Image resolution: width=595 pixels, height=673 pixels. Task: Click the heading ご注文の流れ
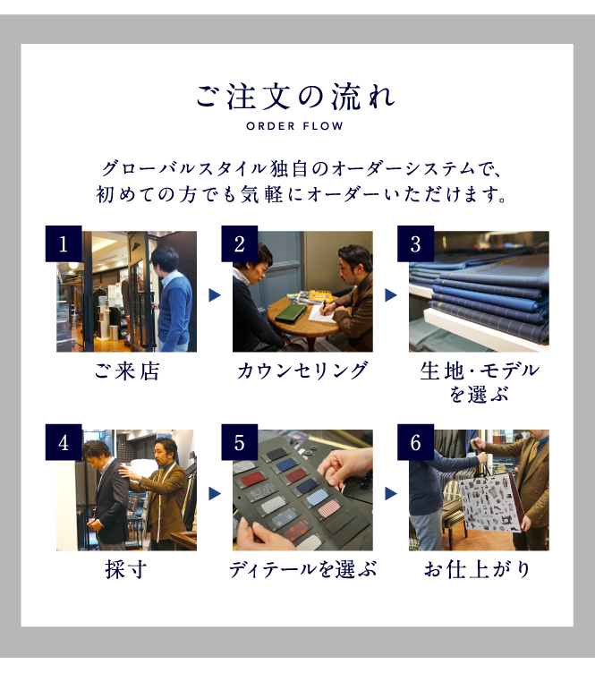tap(295, 97)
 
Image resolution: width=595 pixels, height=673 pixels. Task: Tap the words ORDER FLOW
tap(294, 126)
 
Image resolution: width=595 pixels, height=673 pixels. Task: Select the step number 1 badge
tap(64, 243)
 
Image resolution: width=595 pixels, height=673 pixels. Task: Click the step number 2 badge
tap(240, 243)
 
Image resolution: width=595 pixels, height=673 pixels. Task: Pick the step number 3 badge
tap(415, 243)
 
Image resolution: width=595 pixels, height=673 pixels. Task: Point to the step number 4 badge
tap(64, 442)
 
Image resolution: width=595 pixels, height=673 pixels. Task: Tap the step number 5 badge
tap(240, 442)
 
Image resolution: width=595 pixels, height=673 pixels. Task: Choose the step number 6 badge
tap(415, 442)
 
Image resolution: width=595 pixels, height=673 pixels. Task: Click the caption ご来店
tap(127, 371)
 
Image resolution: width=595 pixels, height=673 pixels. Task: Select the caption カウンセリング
tap(302, 371)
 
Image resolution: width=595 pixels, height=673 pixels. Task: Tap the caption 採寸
tap(126, 570)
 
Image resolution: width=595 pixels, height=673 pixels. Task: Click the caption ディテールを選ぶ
tap(302, 570)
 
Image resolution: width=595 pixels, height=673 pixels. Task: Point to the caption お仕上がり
tap(478, 570)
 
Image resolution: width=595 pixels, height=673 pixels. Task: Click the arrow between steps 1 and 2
tap(215, 295)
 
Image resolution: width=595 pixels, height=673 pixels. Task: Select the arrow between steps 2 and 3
tap(390, 295)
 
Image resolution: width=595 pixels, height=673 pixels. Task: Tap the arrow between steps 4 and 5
tap(215, 494)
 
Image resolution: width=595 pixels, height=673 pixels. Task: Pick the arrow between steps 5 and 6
tap(390, 494)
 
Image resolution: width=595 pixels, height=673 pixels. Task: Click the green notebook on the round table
tap(291, 312)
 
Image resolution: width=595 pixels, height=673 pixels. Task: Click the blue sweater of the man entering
tap(174, 310)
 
